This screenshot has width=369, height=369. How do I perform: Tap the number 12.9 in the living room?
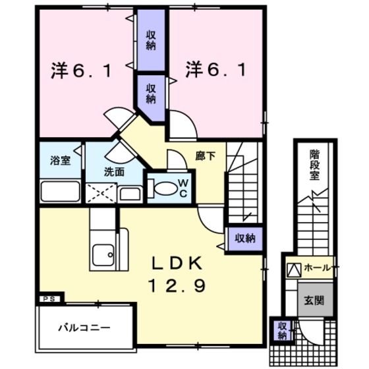pos(179,285)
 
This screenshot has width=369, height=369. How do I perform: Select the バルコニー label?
pos(82,327)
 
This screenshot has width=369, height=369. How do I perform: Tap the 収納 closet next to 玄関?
pos(282,330)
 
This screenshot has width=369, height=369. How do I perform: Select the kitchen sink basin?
pos(103,253)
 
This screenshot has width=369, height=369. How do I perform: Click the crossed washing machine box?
pos(101,193)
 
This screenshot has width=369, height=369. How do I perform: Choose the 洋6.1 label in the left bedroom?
pos(79,69)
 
